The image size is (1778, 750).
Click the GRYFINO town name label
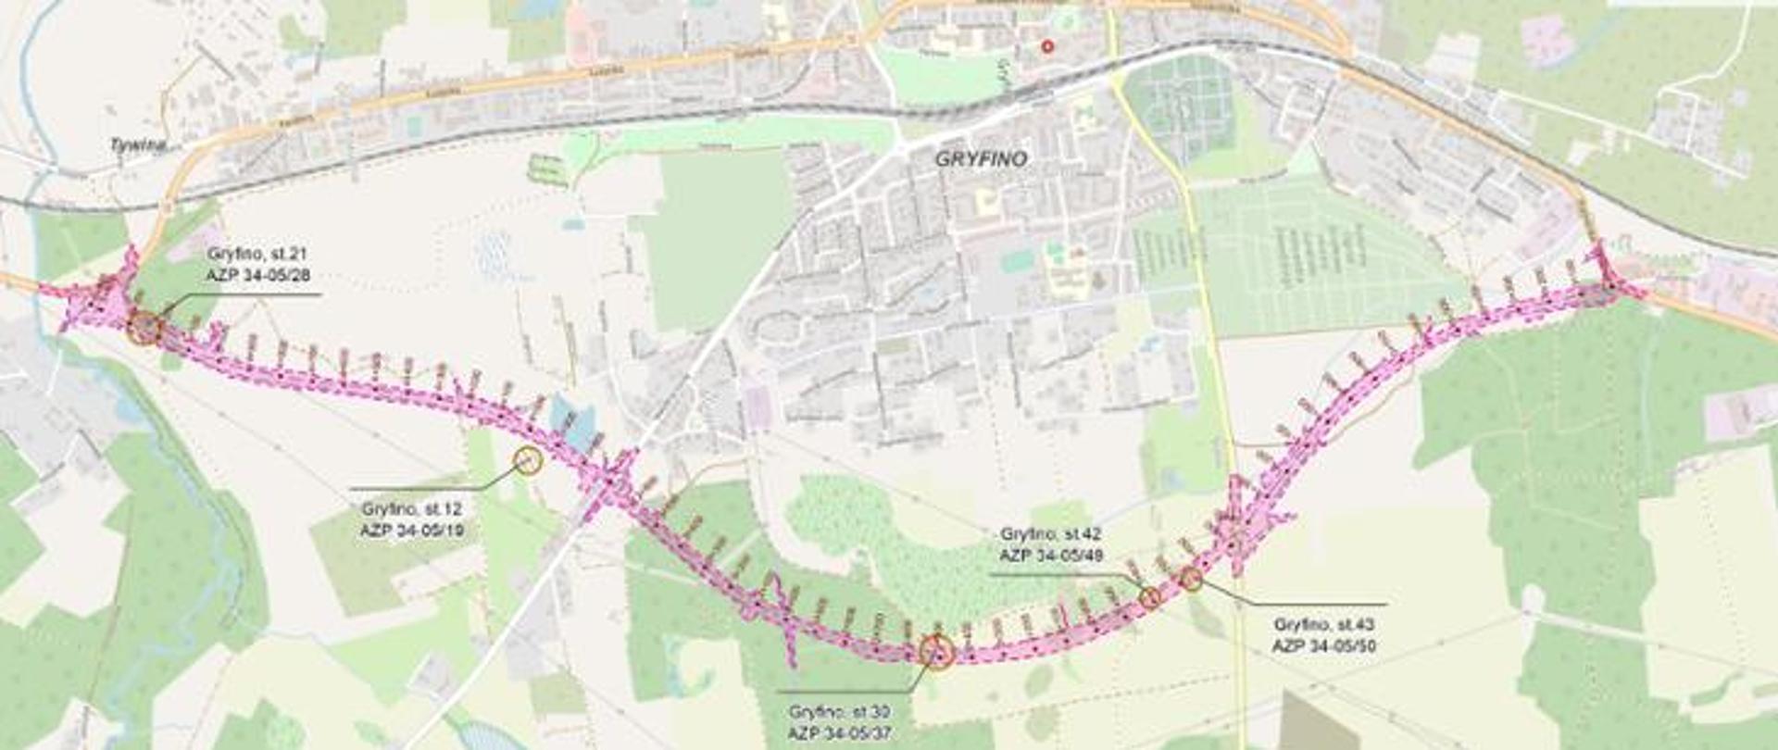coord(981,159)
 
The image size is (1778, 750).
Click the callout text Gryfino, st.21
coord(257,254)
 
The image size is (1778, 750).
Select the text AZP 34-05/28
coord(258,275)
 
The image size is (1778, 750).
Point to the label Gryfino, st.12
coord(411,509)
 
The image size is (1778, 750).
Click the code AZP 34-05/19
coord(412,531)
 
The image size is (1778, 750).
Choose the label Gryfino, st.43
coord(1323,625)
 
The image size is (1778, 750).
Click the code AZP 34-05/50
coord(1323,645)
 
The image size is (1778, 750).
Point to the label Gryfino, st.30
coord(839,712)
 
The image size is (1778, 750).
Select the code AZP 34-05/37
coord(839,732)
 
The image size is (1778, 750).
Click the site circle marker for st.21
coord(144,328)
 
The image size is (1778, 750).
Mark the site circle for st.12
coord(527,459)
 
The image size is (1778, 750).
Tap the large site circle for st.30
coord(937,651)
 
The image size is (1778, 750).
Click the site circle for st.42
coord(1149,597)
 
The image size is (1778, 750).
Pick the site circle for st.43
coord(1192,580)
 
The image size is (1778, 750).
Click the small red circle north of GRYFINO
coord(1047,45)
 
